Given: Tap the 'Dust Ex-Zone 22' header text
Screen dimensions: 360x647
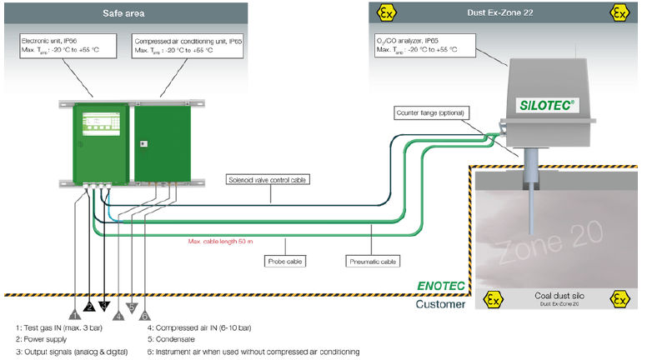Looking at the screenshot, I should [499, 13].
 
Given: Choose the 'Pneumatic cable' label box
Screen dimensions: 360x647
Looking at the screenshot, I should [373, 262].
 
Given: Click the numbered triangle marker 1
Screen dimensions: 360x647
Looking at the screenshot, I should [75, 315].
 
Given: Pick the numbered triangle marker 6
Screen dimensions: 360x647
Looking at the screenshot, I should [145, 315].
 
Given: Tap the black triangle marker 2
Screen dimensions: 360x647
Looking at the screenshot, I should [89, 307].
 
